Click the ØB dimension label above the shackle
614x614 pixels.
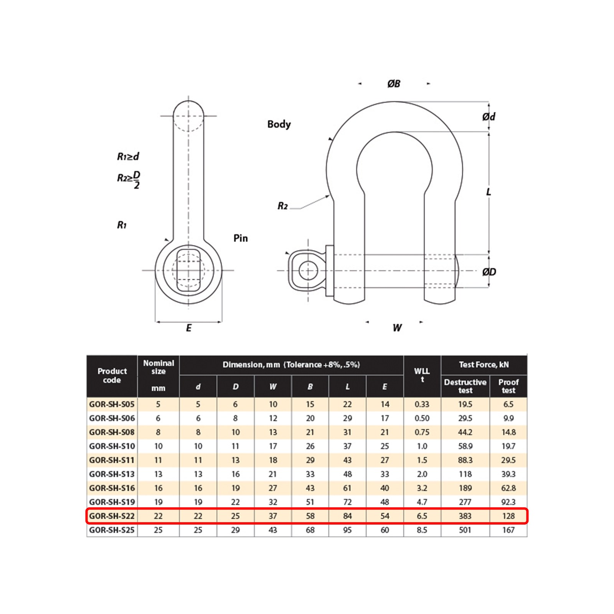pyautogui.click(x=394, y=84)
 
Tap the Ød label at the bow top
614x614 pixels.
pyautogui.click(x=489, y=116)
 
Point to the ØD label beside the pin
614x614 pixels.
pyautogui.click(x=489, y=272)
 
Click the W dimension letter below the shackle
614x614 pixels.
pyautogui.click(x=397, y=328)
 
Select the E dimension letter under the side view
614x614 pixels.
pyautogui.click(x=188, y=328)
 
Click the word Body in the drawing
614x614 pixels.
pyautogui.click(x=279, y=124)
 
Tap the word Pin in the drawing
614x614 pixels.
pyautogui.click(x=241, y=238)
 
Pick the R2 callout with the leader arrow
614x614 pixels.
pyautogui.click(x=283, y=206)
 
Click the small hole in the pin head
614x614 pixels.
pyautogui.click(x=308, y=271)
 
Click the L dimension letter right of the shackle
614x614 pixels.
pyautogui.click(x=489, y=192)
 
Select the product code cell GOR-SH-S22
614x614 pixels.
pyautogui.click(x=112, y=516)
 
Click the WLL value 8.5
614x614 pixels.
pyautogui.click(x=422, y=530)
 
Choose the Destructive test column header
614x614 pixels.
pyautogui.click(x=465, y=386)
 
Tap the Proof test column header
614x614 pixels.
pyautogui.click(x=508, y=386)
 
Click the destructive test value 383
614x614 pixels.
pyautogui.click(x=465, y=516)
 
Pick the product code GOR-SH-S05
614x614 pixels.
pyautogui.click(x=112, y=404)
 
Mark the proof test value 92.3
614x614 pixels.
pyautogui.click(x=508, y=502)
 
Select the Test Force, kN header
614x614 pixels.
pyautogui.click(x=484, y=365)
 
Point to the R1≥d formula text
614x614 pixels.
pyautogui.click(x=128, y=157)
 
